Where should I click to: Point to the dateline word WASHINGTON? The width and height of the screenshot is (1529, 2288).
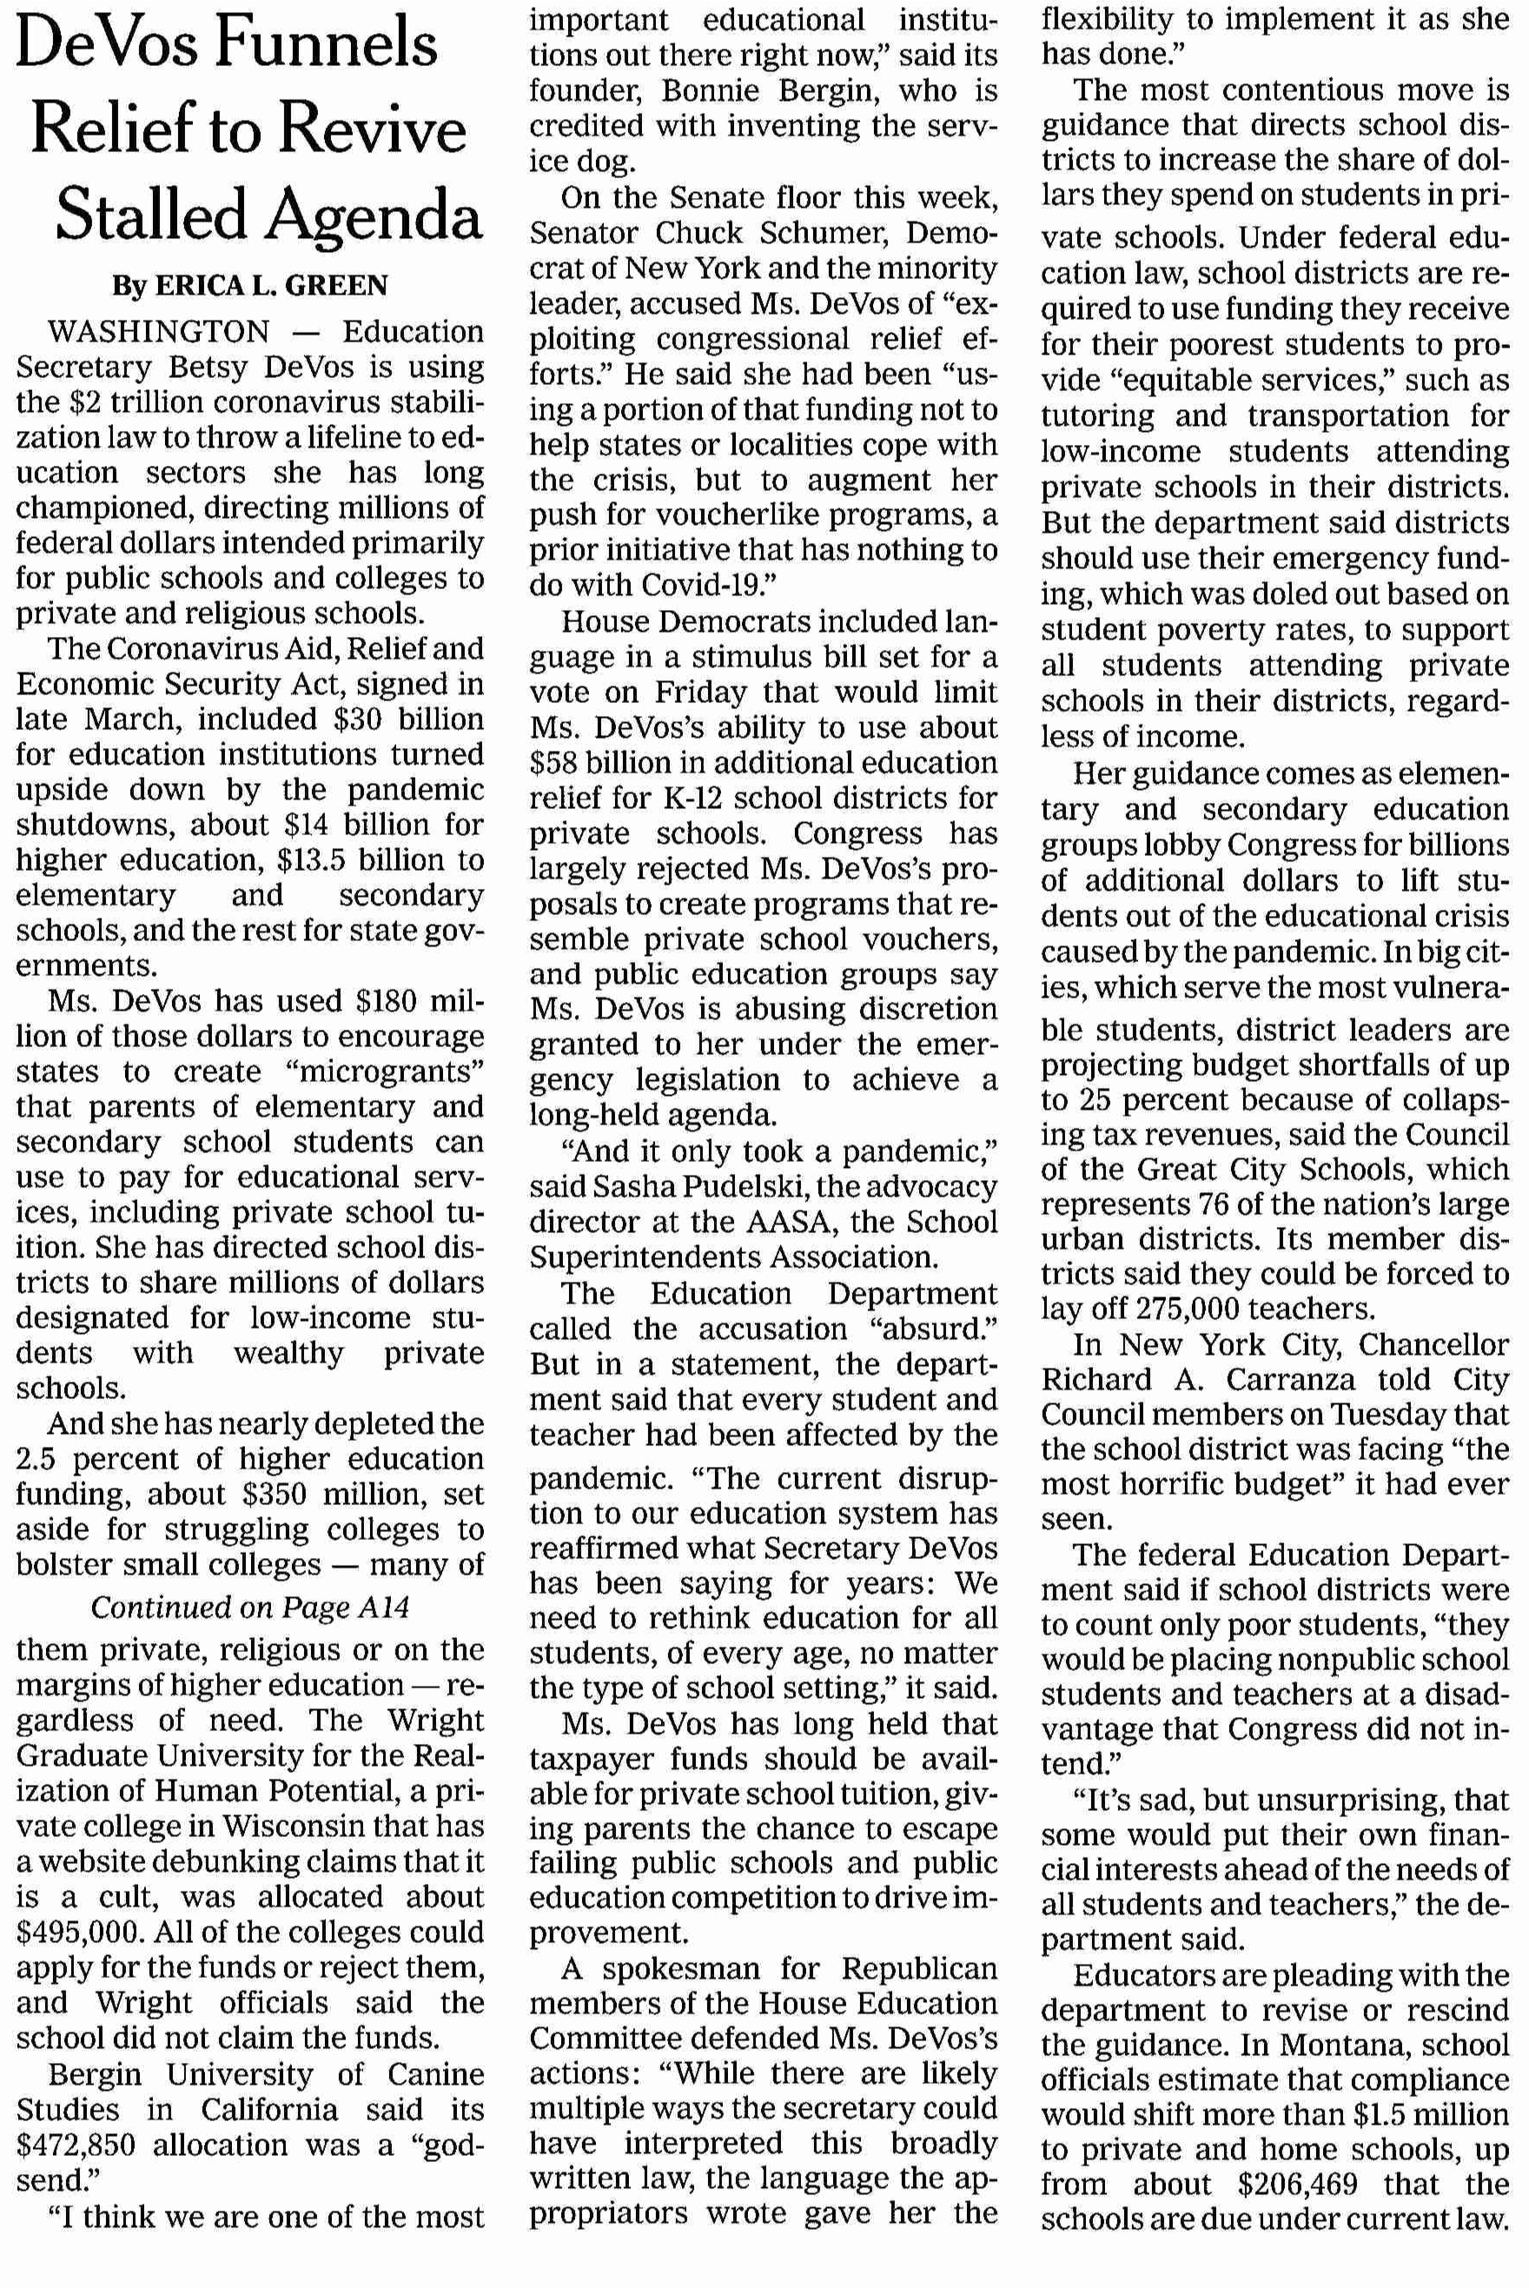(x=159, y=332)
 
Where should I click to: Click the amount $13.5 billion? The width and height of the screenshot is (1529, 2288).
(x=365, y=859)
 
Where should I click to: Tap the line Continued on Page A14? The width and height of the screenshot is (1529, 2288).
(x=249, y=1606)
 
